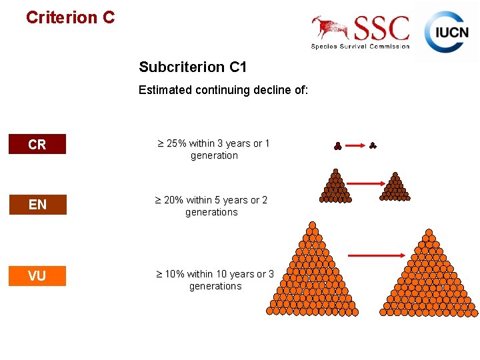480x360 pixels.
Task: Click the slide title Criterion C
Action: pos(70,17)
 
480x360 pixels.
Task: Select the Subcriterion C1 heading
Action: pos(193,67)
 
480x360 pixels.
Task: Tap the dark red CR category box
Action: pos(37,144)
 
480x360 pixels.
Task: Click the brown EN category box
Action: pos(37,205)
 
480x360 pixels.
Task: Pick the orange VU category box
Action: pos(37,275)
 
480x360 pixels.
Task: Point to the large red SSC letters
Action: pos(382,29)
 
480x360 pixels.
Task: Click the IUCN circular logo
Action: pos(447,31)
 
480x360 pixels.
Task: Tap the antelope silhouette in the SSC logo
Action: pos(331,27)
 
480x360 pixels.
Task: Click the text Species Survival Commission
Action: pos(360,46)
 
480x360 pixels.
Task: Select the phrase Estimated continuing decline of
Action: pos(223,90)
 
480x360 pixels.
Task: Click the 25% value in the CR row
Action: pos(177,143)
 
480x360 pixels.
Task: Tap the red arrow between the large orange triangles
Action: pos(377,255)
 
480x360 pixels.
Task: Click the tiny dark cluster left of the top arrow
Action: pos(337,145)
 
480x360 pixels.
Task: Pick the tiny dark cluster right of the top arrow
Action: pos(373,145)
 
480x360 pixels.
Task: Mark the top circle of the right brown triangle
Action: pos(395,176)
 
